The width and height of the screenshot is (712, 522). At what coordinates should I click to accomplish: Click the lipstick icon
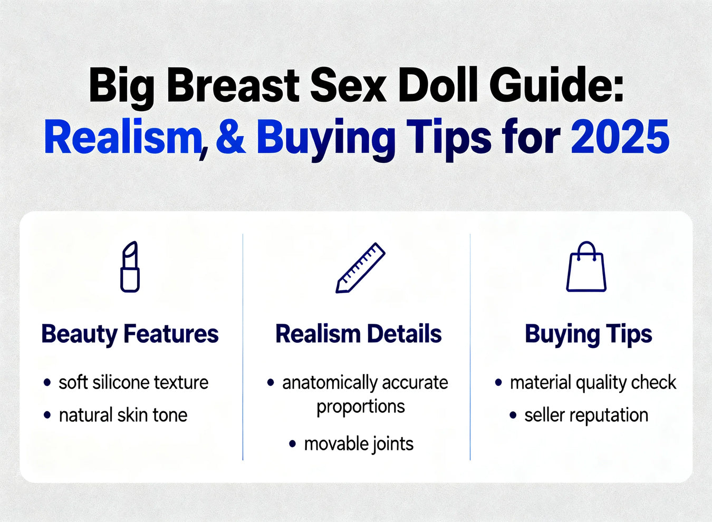tap(130, 267)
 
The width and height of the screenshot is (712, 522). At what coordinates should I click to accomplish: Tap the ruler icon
tap(360, 268)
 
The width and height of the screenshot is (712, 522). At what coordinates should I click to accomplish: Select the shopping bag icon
tap(586, 267)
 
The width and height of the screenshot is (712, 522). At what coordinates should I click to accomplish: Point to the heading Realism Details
tap(359, 334)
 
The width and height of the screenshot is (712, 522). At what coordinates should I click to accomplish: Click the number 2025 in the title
tap(620, 138)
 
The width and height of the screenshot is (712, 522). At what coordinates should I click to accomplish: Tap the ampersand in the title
tap(231, 138)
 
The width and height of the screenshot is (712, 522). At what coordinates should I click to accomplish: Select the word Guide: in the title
tap(556, 85)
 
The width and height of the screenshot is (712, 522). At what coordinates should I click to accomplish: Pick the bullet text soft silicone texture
tap(133, 382)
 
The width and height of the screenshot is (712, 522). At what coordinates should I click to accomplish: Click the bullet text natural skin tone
tap(123, 415)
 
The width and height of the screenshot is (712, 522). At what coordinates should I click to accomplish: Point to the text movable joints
tap(359, 444)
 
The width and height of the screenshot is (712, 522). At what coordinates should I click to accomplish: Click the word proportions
tap(361, 407)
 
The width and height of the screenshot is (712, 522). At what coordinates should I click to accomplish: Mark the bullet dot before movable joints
tap(292, 443)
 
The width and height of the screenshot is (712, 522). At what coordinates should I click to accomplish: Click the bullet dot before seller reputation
tap(513, 415)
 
